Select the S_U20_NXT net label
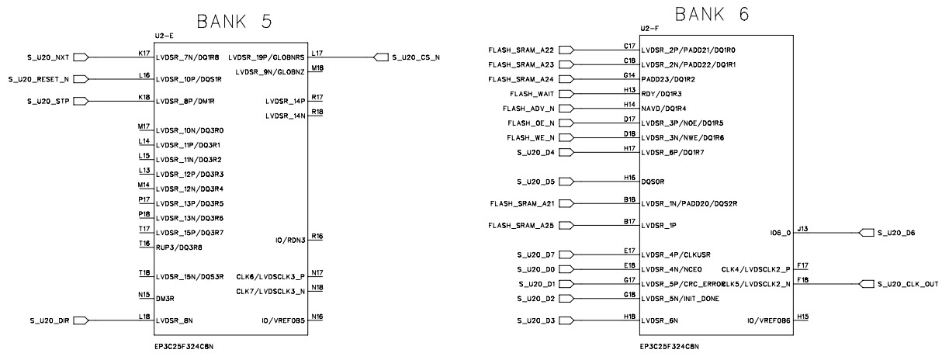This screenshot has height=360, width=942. pos(48,57)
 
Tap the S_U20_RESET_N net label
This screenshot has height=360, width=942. pos(39,79)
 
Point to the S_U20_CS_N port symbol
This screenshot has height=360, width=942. pos(381,57)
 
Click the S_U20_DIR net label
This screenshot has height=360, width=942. pos(48,320)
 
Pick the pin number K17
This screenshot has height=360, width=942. pos(144,53)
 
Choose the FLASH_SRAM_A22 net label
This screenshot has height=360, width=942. pos(521,50)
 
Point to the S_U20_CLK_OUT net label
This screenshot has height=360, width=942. pos(907,284)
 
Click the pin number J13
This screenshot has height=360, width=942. pos(802,229)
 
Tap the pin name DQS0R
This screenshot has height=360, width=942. pos(652,181)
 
